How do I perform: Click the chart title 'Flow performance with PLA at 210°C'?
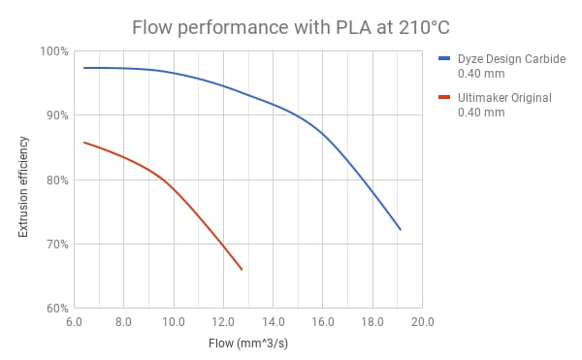tap(290, 23)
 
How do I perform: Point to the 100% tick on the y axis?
tap(52, 50)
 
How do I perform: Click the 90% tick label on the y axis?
tap(54, 115)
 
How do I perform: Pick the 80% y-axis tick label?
tap(54, 180)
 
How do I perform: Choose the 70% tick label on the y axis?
tap(54, 244)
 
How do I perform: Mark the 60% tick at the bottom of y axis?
tap(54, 309)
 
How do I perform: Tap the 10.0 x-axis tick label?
tap(174, 321)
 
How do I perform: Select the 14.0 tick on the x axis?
tap(273, 321)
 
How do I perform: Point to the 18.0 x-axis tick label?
tap(372, 321)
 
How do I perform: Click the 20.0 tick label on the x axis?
tap(421, 321)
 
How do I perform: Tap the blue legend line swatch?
tap(445, 58)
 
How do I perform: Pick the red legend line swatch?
tap(445, 97)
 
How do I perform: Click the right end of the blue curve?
tap(400, 230)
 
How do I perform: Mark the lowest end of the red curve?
tap(242, 269)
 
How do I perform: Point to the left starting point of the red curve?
tap(83, 143)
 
